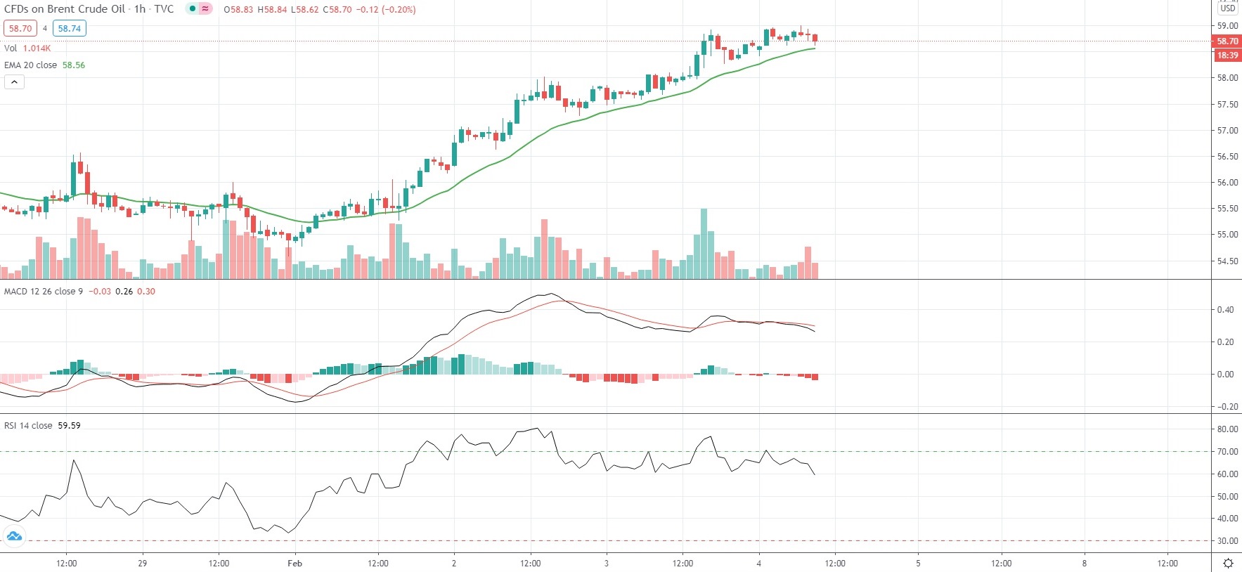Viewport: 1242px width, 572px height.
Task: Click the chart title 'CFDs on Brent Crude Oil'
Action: (x=65, y=9)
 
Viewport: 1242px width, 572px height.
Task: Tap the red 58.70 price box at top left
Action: (x=20, y=29)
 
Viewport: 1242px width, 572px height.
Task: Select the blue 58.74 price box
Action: (x=69, y=29)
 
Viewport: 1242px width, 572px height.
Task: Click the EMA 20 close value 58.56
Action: (x=74, y=65)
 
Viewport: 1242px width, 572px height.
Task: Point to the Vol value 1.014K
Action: (x=37, y=48)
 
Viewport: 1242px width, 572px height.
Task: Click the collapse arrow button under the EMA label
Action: (x=14, y=82)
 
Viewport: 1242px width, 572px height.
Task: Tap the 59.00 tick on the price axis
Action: (x=1227, y=26)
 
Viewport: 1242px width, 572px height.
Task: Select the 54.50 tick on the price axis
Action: (x=1227, y=261)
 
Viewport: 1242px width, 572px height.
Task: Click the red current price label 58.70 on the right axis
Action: (x=1227, y=41)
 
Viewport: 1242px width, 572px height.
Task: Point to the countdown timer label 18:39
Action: (x=1227, y=56)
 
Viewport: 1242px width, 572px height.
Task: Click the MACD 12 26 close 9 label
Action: (x=44, y=292)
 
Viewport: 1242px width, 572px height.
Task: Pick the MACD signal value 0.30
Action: (x=146, y=292)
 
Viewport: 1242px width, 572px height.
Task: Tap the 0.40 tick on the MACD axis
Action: (x=1225, y=310)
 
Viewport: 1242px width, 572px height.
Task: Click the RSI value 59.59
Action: (x=69, y=426)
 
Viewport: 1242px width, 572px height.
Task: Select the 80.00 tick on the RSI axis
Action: (x=1227, y=429)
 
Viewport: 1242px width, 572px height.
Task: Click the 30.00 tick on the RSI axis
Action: (x=1227, y=541)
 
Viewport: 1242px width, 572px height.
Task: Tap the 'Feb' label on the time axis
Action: (x=295, y=564)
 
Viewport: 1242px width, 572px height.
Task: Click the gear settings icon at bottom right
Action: (x=1228, y=563)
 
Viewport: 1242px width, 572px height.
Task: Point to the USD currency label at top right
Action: (x=1227, y=8)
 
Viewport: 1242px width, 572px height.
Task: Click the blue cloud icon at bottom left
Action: (x=14, y=537)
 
